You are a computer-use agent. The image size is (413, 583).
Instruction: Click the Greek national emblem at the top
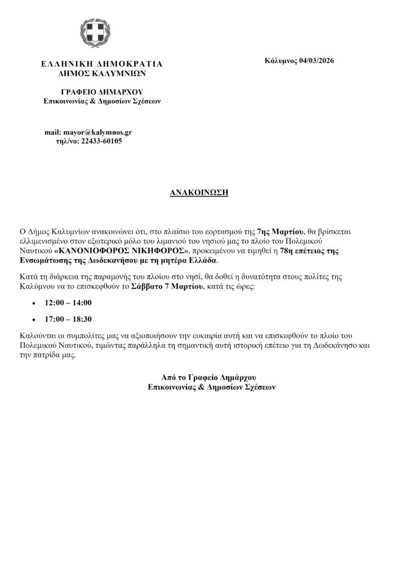102,35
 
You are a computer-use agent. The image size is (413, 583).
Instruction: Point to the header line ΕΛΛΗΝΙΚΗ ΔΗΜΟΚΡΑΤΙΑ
102,64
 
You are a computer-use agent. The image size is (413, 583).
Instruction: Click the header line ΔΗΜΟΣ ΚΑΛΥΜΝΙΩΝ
102,73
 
